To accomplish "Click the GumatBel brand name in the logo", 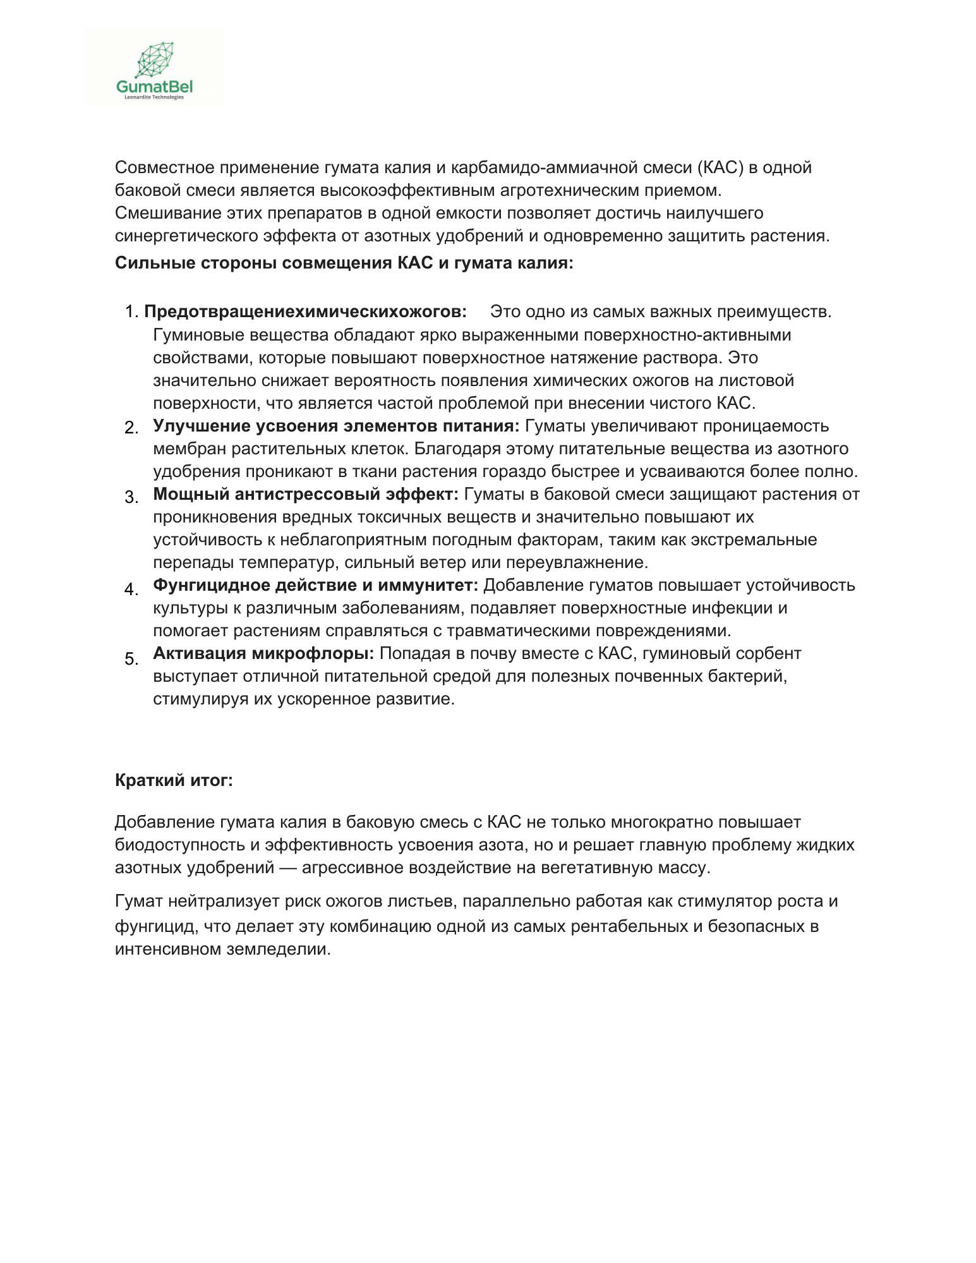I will point(155,87).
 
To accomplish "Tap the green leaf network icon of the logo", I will point(155,59).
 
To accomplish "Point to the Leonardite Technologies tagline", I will point(154,97).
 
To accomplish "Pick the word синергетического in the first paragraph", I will point(186,236).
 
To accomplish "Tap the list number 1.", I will point(131,312).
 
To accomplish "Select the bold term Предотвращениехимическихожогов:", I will point(306,311).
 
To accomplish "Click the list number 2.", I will point(131,428).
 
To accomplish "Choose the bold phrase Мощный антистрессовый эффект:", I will point(306,494).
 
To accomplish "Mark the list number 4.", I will point(131,589).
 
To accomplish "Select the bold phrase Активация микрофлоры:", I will point(263,653).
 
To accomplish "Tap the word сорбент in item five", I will point(769,653).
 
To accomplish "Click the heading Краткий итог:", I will point(174,780).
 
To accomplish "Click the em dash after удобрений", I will point(288,867).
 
